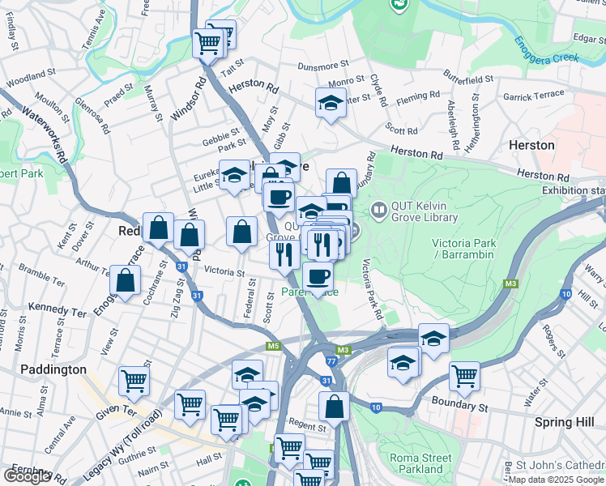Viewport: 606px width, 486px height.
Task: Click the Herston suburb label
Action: point(531,145)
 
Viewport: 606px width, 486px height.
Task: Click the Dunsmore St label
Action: point(322,66)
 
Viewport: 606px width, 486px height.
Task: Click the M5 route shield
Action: point(273,347)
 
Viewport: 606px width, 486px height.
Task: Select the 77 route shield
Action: point(331,361)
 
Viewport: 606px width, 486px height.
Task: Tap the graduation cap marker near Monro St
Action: point(330,103)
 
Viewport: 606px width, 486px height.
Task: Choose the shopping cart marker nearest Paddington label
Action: point(134,380)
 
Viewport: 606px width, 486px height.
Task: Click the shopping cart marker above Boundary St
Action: point(464,375)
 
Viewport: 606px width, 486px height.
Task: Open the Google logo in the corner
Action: point(26,476)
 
